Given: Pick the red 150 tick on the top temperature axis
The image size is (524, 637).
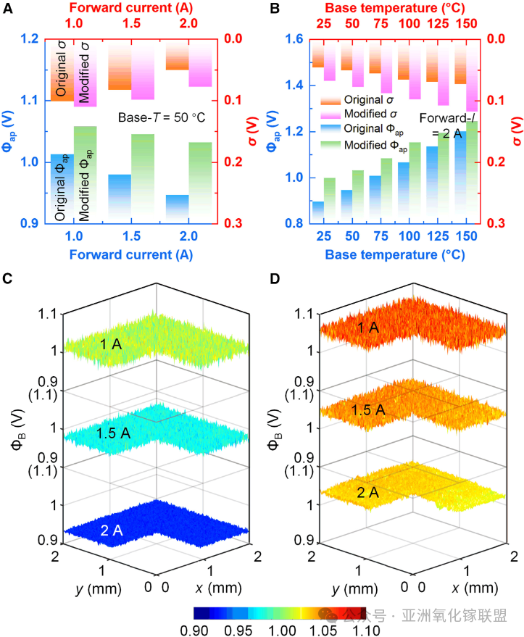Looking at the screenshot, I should pyautogui.click(x=467, y=25).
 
